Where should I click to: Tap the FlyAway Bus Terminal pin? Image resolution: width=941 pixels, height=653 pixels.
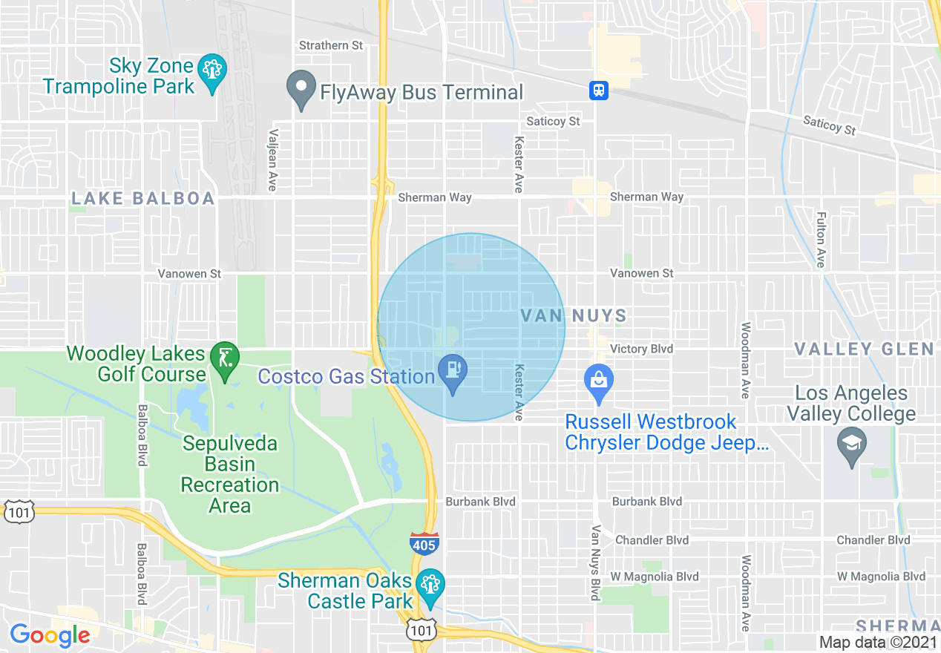pyautogui.click(x=301, y=90)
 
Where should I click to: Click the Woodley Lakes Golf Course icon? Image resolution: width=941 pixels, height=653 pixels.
pyautogui.click(x=224, y=361)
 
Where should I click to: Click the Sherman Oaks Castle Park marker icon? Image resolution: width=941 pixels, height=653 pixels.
pyautogui.click(x=429, y=586)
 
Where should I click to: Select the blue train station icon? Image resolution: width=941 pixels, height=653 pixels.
pyautogui.click(x=599, y=91)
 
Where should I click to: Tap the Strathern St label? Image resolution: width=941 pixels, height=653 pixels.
pyautogui.click(x=331, y=45)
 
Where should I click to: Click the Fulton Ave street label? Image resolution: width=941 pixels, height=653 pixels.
pyautogui.click(x=820, y=240)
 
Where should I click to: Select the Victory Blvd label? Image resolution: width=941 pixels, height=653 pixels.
pyautogui.click(x=641, y=349)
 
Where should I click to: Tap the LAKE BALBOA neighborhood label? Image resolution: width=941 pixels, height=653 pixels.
pyautogui.click(x=143, y=198)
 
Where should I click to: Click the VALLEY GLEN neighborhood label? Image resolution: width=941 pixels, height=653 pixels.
pyautogui.click(x=864, y=349)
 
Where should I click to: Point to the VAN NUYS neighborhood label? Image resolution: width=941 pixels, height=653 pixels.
pyautogui.click(x=574, y=316)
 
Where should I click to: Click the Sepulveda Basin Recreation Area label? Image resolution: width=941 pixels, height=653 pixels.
pyautogui.click(x=230, y=475)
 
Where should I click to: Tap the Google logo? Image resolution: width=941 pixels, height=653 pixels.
pyautogui.click(x=50, y=635)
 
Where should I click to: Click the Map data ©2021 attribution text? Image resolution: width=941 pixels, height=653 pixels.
pyautogui.click(x=876, y=643)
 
